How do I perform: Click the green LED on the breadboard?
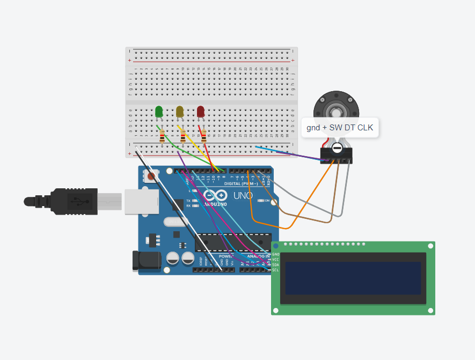pyautogui.click(x=159, y=112)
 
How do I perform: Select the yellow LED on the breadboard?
pyautogui.click(x=180, y=112)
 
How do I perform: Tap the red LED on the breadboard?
pyautogui.click(x=201, y=112)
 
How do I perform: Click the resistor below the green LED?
pyautogui.click(x=162, y=137)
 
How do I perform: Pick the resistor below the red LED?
pyautogui.click(x=203, y=137)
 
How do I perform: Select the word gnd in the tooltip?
pyautogui.click(x=313, y=128)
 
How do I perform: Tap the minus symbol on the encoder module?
pyautogui.click(x=337, y=148)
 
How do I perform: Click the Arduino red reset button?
pyautogui.click(x=152, y=175)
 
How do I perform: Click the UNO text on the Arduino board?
pyautogui.click(x=243, y=196)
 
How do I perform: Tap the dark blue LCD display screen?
pyautogui.click(x=353, y=278)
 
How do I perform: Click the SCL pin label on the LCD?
pyautogui.click(x=275, y=270)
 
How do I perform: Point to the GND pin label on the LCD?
pyautogui.click(x=275, y=254)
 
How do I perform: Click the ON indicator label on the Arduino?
pyautogui.click(x=267, y=200)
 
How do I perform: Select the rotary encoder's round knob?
pyautogui.click(x=336, y=111)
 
